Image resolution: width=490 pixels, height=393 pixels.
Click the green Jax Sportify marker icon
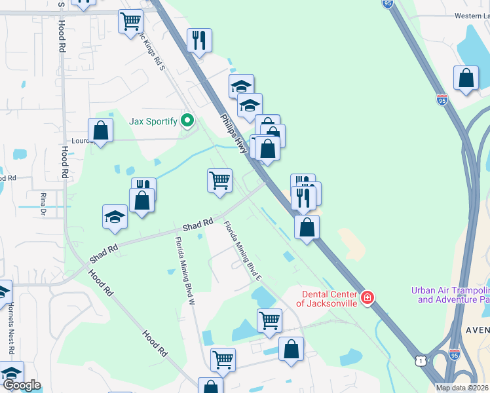(187, 121)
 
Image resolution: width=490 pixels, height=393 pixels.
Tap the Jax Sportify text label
(154, 121)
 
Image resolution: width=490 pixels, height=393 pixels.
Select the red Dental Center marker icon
(367, 299)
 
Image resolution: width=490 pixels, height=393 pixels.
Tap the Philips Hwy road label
(234, 134)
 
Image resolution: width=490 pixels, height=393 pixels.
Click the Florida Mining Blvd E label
(243, 251)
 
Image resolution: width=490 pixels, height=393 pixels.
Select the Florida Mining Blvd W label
(185, 271)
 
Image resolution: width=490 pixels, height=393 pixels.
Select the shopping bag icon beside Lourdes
(100, 130)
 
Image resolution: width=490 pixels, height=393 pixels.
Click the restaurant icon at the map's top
(198, 40)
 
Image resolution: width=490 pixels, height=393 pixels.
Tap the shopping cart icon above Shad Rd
(219, 180)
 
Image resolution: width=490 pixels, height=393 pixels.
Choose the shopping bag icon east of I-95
(465, 78)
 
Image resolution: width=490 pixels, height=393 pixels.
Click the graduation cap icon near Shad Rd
(115, 217)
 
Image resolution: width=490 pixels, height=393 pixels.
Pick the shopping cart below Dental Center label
(269, 320)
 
